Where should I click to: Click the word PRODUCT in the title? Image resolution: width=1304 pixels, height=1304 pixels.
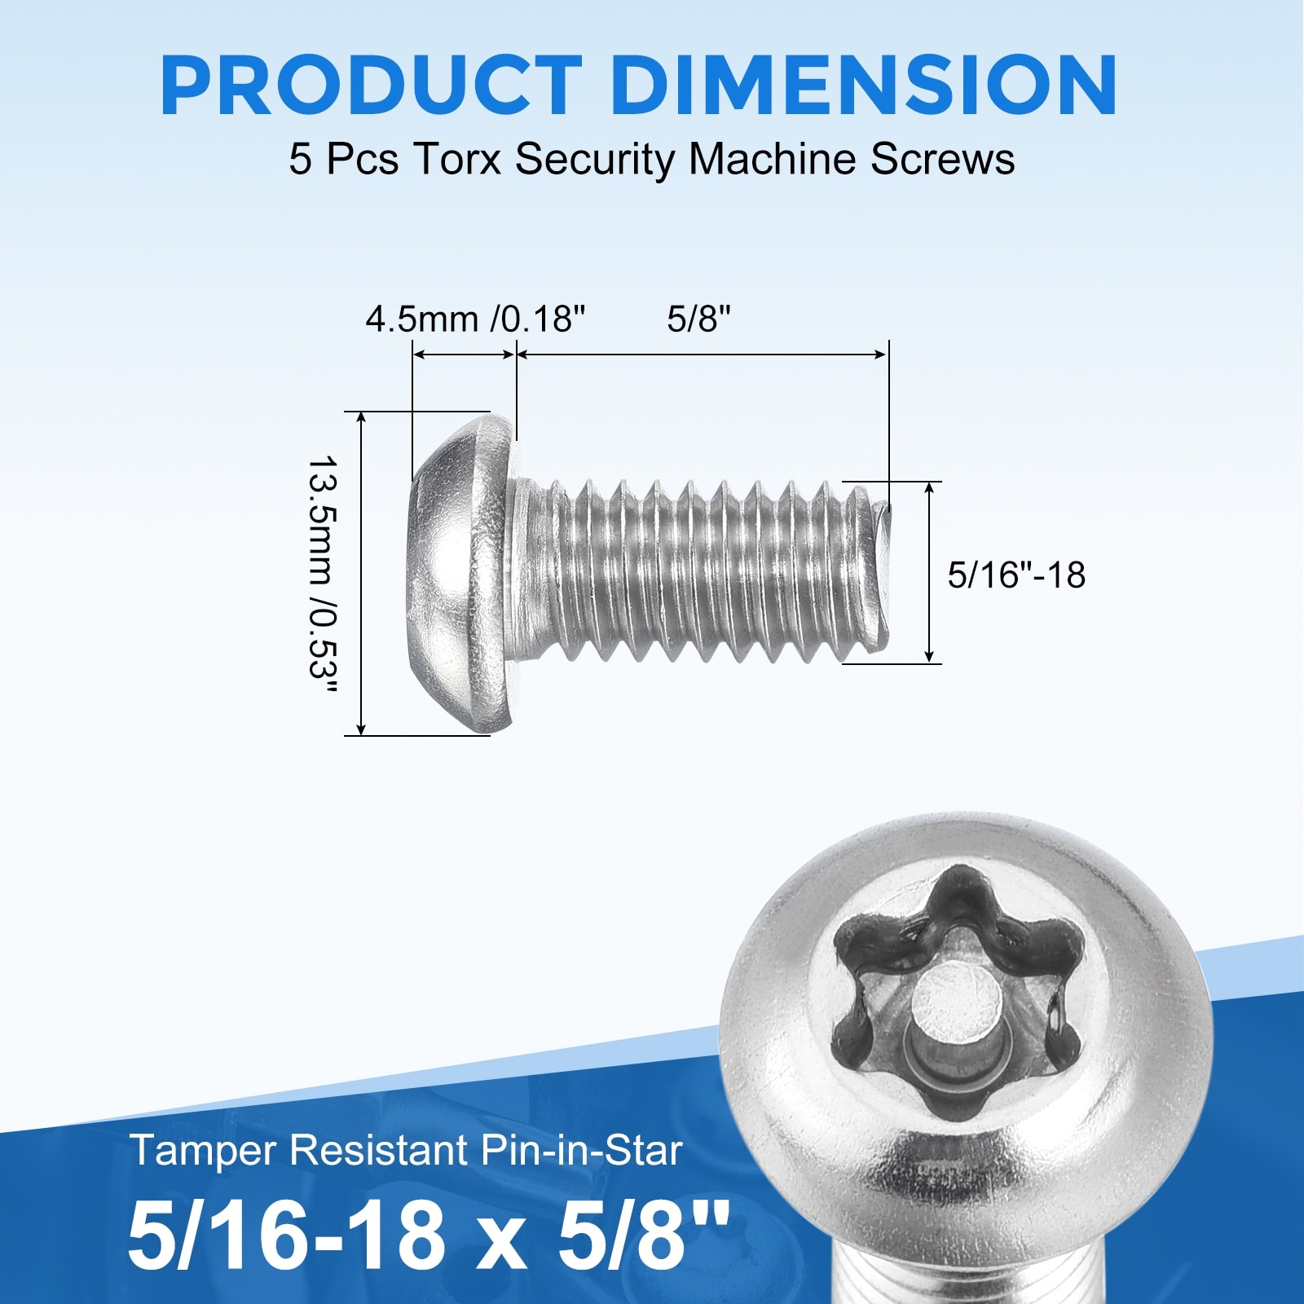point(372,86)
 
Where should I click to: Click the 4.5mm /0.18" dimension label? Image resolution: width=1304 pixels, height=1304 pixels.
point(476,319)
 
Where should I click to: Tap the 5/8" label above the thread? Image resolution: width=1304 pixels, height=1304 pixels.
point(698,319)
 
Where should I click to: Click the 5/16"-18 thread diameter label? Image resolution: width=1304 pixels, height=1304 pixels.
point(1016,575)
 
